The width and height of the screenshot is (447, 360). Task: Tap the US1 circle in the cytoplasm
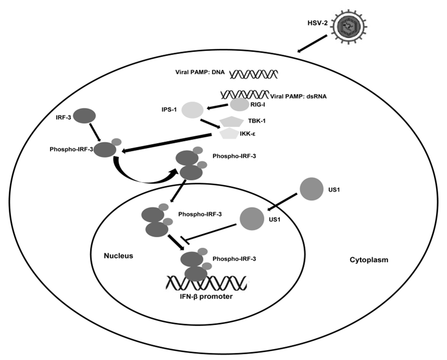coord(311,188)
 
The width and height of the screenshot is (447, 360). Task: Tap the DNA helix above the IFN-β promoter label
coord(207,283)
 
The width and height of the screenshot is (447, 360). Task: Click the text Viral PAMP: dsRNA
coord(298,96)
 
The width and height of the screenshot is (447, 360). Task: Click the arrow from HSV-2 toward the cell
coord(314,44)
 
